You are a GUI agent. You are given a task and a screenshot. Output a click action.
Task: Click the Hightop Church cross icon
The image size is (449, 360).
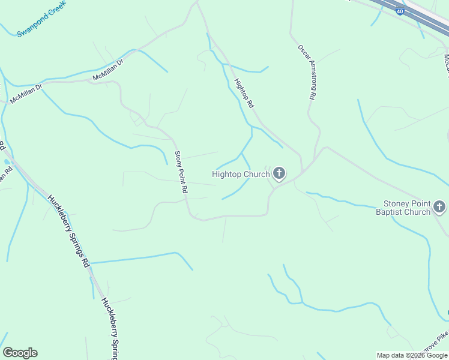click(x=279, y=174)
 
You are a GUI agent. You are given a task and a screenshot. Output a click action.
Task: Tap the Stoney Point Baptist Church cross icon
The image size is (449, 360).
click(x=439, y=207)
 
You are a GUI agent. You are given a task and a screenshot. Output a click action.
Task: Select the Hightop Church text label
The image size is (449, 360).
click(x=241, y=175)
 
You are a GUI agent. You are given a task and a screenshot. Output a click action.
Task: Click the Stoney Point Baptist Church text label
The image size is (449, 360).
click(x=403, y=208)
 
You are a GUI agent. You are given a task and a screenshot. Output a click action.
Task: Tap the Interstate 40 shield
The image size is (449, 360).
click(x=400, y=10)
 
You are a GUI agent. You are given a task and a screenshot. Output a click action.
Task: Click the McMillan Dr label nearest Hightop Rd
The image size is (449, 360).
click(x=108, y=70)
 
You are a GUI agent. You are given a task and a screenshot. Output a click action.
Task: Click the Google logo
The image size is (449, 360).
click(x=20, y=353)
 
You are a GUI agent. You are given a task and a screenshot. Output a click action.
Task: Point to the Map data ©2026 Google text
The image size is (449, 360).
click(x=412, y=355)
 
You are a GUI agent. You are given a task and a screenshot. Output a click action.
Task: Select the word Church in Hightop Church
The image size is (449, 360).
click(x=258, y=175)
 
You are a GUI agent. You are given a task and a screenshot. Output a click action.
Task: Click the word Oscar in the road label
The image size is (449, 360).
click(x=301, y=52)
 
